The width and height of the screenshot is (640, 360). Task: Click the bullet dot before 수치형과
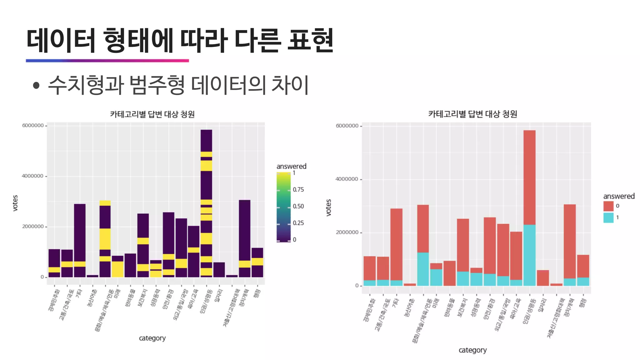pyautogui.click(x=36, y=85)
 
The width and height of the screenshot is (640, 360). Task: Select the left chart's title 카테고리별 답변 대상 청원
pyautogui.click(x=152, y=114)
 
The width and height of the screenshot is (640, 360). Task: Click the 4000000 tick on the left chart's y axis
pyautogui.click(x=32, y=176)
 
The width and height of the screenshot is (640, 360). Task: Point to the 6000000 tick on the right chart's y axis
pyautogui.click(x=347, y=126)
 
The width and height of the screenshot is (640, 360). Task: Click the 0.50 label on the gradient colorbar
pyautogui.click(x=298, y=206)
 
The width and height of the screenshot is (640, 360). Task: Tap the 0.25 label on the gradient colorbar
pyautogui.click(x=298, y=223)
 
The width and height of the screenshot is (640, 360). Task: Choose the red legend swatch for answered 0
pyautogui.click(x=608, y=206)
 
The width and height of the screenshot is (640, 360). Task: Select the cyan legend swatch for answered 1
pyautogui.click(x=608, y=217)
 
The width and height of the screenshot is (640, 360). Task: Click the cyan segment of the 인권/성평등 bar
pyautogui.click(x=529, y=255)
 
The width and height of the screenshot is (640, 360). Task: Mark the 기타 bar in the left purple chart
pyautogui.click(x=80, y=231)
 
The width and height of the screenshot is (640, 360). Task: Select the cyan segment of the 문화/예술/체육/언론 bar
pyautogui.click(x=423, y=269)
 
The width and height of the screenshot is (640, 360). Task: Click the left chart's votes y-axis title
pyautogui.click(x=15, y=203)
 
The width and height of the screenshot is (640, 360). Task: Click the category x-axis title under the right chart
pyautogui.click(x=472, y=350)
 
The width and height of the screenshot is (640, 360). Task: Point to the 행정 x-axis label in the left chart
pyautogui.click(x=257, y=293)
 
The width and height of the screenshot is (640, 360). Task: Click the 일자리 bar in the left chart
pyautogui.click(x=219, y=270)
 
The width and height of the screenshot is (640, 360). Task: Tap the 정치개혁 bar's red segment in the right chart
pyautogui.click(x=569, y=241)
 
